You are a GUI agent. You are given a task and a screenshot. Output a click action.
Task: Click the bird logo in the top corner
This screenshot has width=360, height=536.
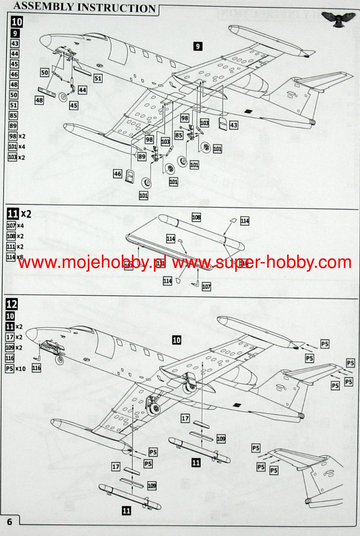coord(338,18)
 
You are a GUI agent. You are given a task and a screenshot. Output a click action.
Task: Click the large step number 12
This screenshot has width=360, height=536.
coord(13,304)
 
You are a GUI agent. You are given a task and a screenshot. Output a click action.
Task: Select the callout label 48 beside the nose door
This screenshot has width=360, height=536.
coord(40,100)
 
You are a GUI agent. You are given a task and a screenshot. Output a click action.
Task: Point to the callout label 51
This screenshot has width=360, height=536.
coord(97,78)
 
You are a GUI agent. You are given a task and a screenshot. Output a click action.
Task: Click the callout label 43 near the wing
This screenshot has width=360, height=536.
coord(233,125)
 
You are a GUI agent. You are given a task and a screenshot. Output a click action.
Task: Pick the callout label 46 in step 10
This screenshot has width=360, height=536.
coord(117,174)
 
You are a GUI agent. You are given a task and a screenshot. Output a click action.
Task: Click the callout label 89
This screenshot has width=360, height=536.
coord(142,157)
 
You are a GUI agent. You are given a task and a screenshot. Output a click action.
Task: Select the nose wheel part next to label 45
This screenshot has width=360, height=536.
coord(64,97)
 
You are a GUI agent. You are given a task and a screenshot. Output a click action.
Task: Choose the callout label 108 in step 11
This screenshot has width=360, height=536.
coord(196,217)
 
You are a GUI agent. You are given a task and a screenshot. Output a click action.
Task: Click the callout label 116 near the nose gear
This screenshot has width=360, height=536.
coord(36,368)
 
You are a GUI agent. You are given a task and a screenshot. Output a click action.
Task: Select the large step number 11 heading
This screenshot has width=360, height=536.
coord(14,214)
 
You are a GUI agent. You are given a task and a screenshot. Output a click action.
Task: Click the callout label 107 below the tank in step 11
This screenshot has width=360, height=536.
coord(207,287)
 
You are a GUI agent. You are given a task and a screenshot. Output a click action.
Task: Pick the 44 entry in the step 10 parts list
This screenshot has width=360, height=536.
coord(15,53)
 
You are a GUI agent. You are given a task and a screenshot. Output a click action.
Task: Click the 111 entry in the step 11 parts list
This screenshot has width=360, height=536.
coord(11,247)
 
